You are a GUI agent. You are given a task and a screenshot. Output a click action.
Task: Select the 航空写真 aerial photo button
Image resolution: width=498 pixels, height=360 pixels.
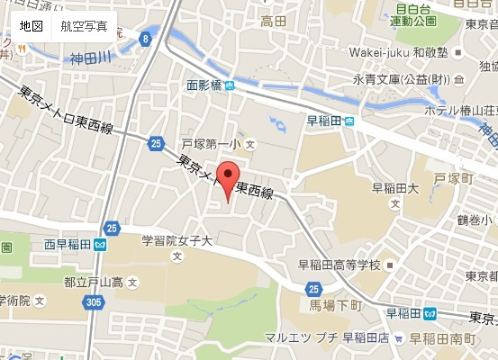click(x=84, y=26)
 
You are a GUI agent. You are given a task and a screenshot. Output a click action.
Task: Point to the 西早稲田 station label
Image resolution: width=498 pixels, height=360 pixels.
click(x=67, y=244)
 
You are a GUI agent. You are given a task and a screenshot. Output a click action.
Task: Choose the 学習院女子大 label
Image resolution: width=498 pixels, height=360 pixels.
click(x=177, y=241)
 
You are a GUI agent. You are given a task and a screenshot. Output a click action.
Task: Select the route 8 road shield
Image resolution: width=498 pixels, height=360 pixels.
click(x=145, y=39)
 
